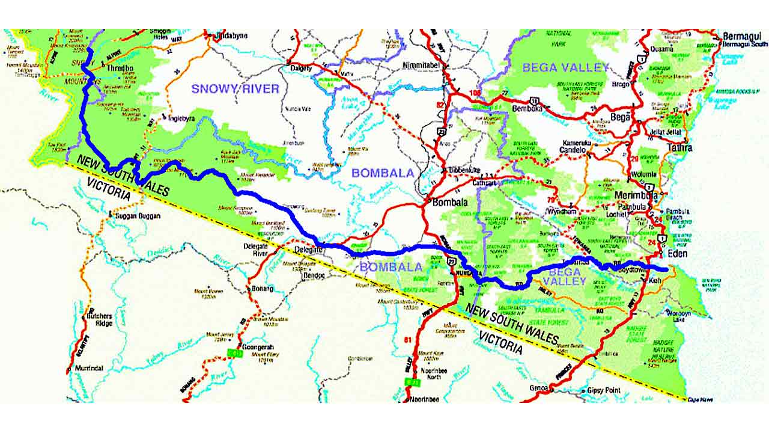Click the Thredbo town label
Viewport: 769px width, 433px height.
tap(120, 69)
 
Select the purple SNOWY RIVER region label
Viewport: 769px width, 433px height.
tap(236, 89)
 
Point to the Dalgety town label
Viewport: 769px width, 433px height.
tap(301, 69)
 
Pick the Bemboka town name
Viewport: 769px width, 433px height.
tap(527, 109)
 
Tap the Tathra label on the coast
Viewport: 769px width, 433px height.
tap(679, 147)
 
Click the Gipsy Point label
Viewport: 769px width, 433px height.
tap(603, 390)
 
